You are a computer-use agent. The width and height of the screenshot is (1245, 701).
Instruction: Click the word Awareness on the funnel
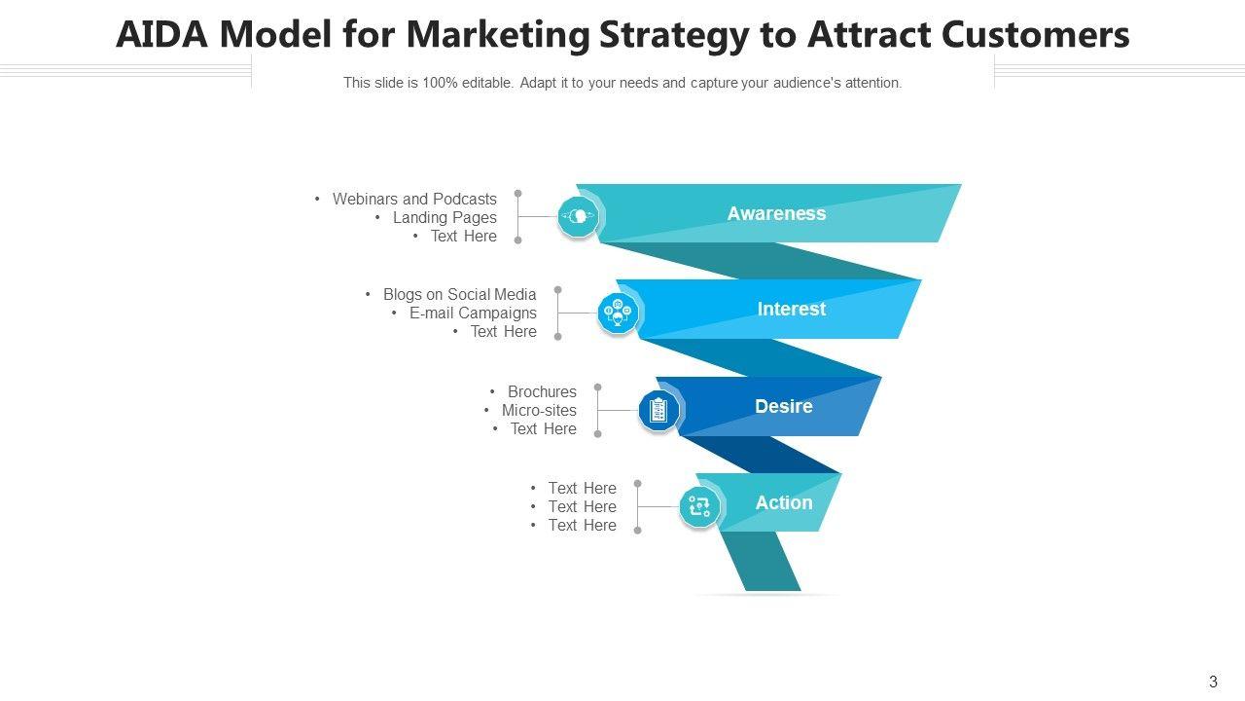(776, 213)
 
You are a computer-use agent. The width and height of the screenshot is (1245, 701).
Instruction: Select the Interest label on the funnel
(792, 309)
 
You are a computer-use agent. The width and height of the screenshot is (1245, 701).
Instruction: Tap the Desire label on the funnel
(784, 406)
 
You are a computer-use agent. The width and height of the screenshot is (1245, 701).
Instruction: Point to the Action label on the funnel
(784, 502)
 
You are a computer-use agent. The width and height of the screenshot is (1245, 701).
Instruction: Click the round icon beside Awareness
(578, 216)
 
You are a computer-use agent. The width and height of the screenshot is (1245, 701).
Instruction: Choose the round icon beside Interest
(618, 313)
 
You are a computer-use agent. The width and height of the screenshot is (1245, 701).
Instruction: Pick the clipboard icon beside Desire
(658, 411)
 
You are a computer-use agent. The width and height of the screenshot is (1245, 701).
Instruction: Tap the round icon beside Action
(699, 507)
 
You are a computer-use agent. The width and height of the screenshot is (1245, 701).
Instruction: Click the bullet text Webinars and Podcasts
(414, 199)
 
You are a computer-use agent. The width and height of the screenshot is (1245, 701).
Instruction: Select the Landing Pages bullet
(445, 217)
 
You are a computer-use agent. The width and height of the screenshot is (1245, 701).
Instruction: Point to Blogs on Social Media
(460, 294)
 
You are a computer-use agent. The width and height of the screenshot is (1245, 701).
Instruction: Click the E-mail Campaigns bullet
(473, 313)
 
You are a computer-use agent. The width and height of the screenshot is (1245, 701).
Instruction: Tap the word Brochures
(542, 391)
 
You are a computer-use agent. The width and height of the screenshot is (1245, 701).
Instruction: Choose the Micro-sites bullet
(539, 410)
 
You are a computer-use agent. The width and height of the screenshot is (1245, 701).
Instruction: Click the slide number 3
(1213, 682)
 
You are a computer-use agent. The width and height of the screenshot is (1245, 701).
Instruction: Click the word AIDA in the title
(161, 34)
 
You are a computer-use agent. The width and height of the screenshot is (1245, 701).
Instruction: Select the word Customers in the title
(1036, 34)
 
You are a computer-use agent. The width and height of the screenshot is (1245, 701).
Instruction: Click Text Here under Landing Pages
(464, 236)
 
